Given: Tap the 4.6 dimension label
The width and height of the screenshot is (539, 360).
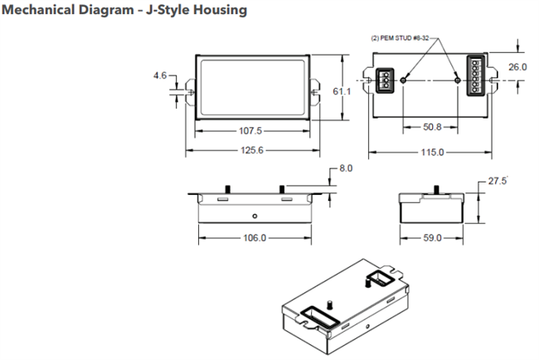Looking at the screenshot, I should [x=160, y=75].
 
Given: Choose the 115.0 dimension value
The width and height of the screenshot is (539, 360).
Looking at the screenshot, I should [x=429, y=153].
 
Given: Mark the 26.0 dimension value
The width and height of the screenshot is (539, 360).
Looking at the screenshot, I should [x=517, y=66].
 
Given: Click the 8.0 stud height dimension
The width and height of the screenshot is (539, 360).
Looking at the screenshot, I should [x=346, y=168].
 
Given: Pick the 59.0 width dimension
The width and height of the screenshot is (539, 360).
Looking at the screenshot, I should [x=432, y=237].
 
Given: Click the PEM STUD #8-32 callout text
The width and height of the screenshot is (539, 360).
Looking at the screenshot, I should [x=401, y=38].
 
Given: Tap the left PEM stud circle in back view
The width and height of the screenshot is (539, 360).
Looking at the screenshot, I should [x=403, y=79].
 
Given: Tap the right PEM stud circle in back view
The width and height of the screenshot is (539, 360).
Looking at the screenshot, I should [x=459, y=79].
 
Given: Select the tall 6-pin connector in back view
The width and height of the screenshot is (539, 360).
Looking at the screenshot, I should [x=477, y=78].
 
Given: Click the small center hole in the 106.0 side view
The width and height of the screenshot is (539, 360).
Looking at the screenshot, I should [x=255, y=216].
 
